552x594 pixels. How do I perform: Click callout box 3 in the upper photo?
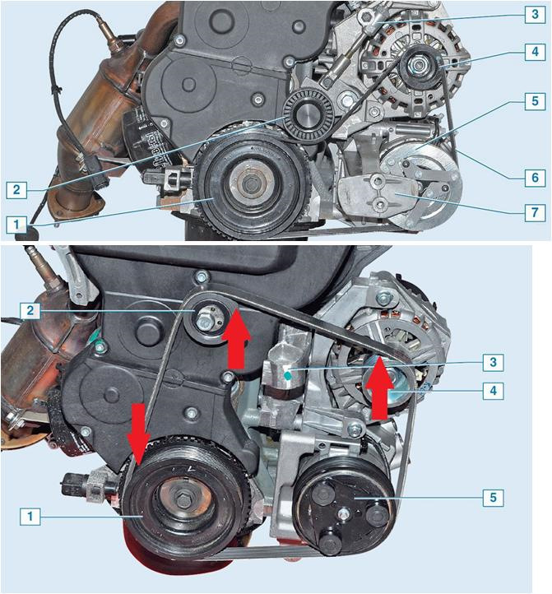[535, 14]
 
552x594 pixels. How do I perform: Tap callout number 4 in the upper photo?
[535, 51]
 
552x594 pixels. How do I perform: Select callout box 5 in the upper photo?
[535, 100]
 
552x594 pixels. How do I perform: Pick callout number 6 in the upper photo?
[535, 177]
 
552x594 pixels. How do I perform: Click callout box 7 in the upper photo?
[535, 212]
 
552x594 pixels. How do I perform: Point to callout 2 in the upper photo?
[16, 189]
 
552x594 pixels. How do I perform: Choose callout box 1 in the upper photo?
[16, 225]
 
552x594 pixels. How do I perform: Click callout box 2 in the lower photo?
[30, 311]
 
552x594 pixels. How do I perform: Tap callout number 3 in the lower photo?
[493, 362]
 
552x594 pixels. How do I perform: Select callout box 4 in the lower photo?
[493, 390]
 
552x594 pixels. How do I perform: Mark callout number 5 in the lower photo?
[493, 497]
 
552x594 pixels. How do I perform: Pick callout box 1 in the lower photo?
[30, 516]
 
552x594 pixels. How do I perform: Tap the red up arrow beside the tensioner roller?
[237, 338]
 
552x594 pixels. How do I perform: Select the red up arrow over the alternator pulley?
[379, 388]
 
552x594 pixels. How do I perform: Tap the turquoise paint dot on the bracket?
[288, 375]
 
